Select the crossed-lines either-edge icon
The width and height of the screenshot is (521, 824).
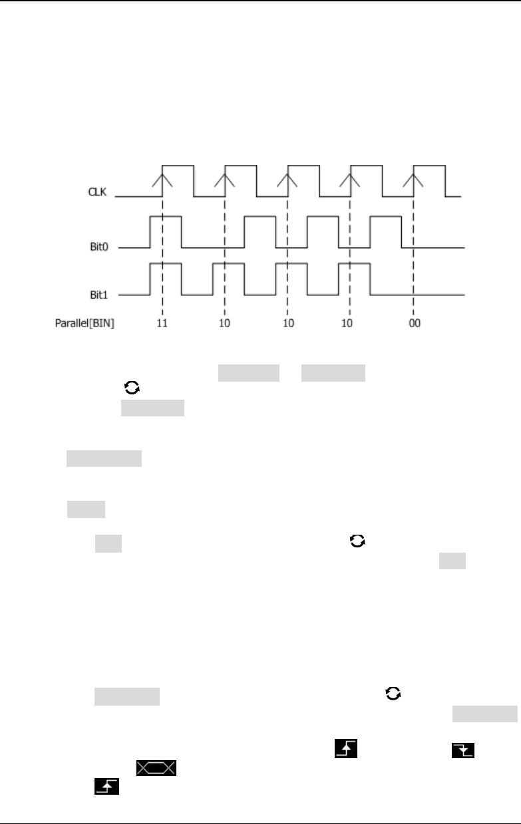click(156, 769)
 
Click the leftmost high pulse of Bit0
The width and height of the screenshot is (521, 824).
click(166, 217)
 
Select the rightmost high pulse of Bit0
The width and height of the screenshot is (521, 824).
click(386, 217)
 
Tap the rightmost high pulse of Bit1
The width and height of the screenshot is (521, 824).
click(354, 264)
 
